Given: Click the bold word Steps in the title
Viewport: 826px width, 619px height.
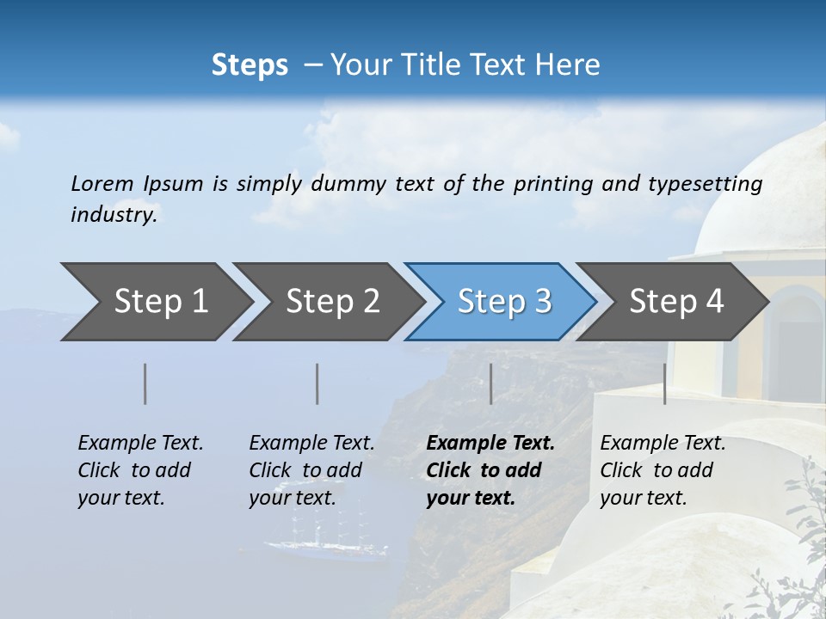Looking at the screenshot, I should coord(250,65).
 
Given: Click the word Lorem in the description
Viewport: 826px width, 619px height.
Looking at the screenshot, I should coord(102,183).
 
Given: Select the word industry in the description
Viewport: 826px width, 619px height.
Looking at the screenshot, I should coord(114,214).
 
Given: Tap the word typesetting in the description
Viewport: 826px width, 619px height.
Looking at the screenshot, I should coord(705,183).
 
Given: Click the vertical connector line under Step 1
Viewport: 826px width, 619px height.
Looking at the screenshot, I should coord(145,383).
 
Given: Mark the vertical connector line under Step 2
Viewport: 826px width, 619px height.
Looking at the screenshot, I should coord(317,383).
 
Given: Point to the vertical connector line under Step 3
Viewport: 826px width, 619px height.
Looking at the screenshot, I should coord(490,383).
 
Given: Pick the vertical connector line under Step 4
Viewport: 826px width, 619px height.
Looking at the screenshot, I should coord(664,383).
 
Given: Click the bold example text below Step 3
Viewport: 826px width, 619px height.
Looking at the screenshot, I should coord(490,470).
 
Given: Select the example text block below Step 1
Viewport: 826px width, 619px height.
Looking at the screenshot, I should coord(140,470).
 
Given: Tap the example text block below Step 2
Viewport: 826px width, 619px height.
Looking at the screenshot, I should coord(311,470).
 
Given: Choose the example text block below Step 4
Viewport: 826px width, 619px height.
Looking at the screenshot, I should coord(663,470).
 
